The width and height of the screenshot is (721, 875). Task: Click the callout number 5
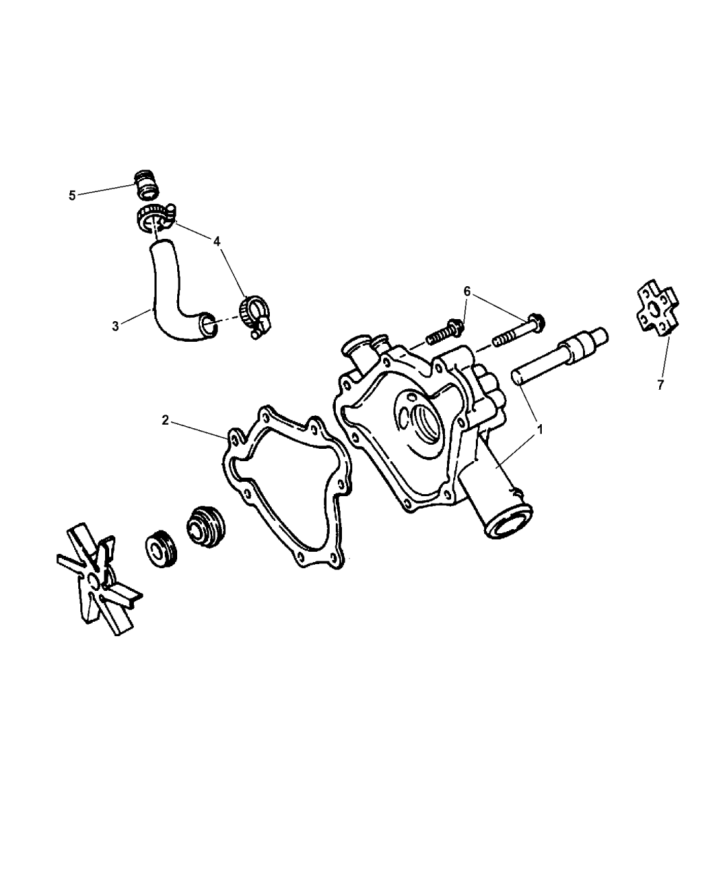click(72, 196)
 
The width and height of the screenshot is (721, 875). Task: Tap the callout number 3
click(115, 326)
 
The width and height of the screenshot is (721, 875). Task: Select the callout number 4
click(217, 242)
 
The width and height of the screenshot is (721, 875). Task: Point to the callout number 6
click(467, 291)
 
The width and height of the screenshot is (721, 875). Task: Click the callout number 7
click(661, 385)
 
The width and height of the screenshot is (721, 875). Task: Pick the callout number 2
click(165, 420)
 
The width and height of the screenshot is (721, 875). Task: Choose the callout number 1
click(540, 430)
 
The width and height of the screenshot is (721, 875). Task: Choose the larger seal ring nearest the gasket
click(207, 528)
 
